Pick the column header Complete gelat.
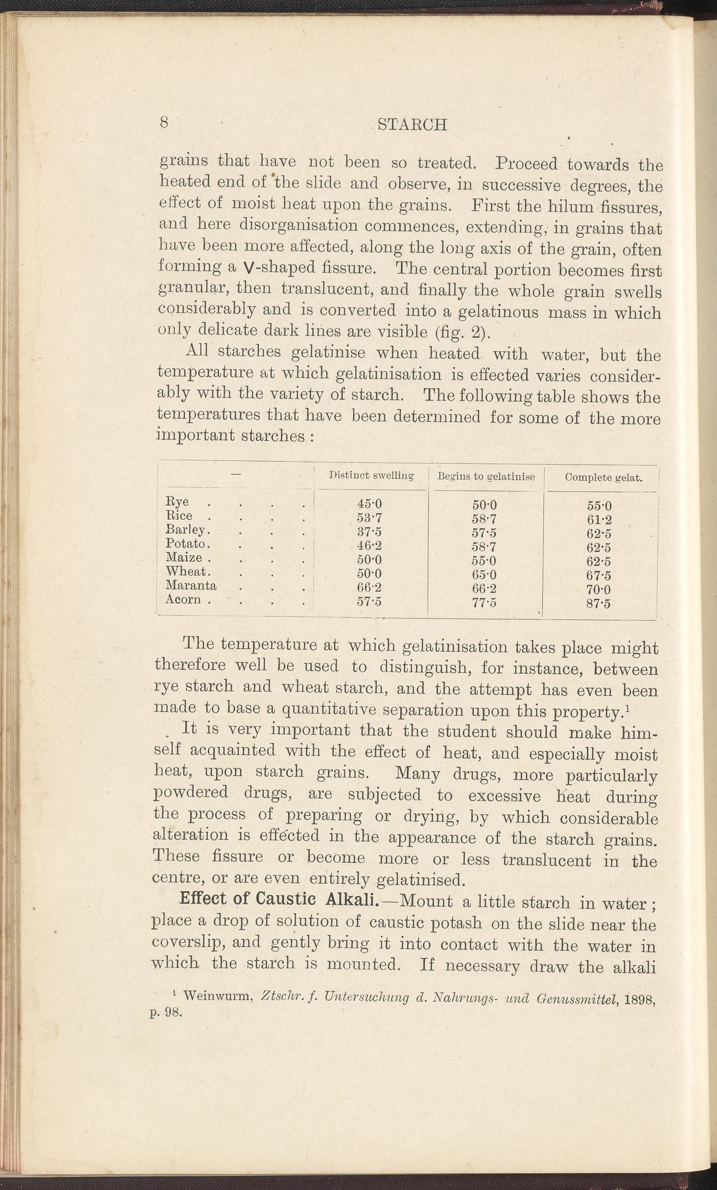click(x=603, y=478)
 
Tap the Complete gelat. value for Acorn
click(x=599, y=604)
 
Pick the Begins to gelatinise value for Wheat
click(x=485, y=575)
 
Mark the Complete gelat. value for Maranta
click(x=599, y=590)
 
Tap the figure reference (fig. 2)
click(x=458, y=333)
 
